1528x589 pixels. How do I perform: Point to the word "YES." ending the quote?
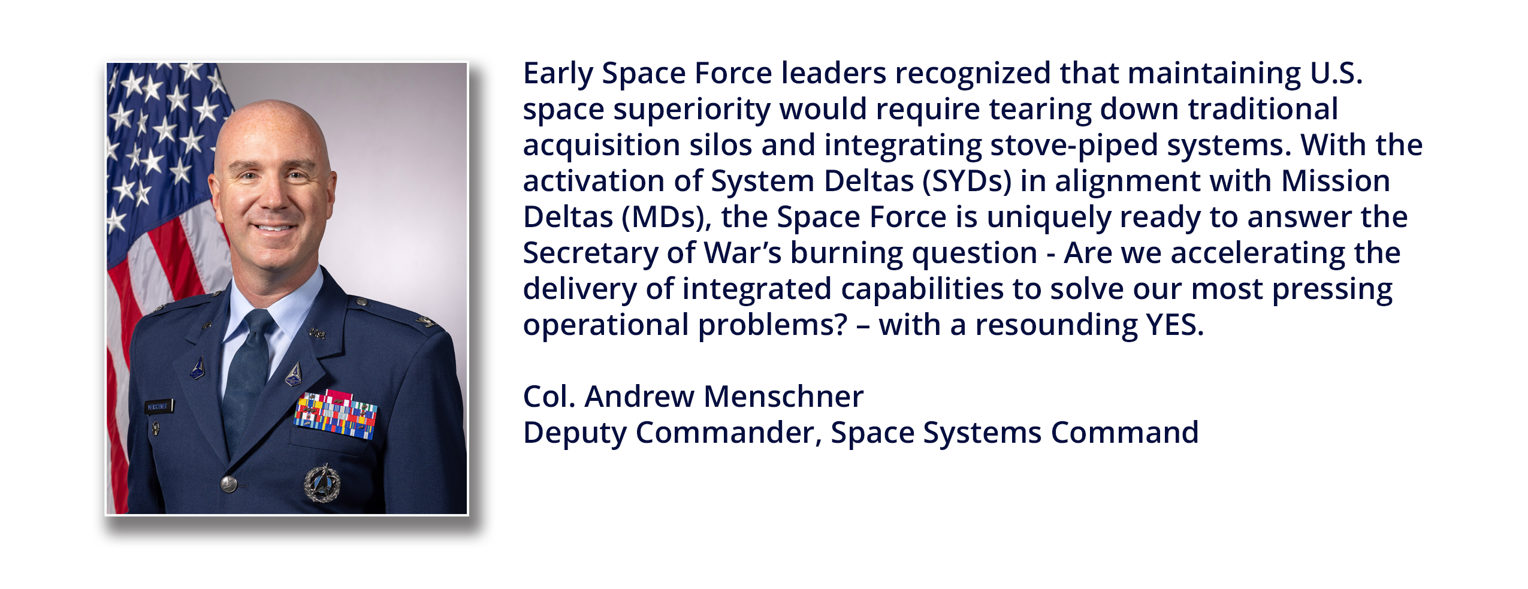pos(1174,325)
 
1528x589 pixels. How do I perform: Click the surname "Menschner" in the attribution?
pos(784,397)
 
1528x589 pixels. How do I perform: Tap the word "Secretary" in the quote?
pos(590,253)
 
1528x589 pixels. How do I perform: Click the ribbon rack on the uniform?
pos(336,413)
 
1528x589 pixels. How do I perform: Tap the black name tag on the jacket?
pos(159,407)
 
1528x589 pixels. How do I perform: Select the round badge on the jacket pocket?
pos(322,483)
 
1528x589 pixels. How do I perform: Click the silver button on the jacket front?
pos(229,484)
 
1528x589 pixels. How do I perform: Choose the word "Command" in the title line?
pos(1124,433)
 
